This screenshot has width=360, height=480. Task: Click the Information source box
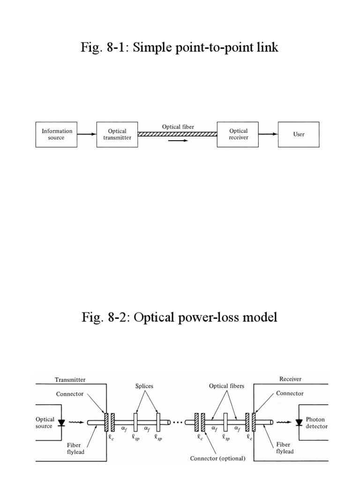coord(57,135)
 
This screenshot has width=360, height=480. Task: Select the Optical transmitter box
coord(117,135)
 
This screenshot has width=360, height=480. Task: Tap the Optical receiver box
coord(238,134)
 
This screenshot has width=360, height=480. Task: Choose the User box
coord(299,135)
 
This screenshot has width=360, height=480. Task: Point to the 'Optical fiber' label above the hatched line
coord(178,127)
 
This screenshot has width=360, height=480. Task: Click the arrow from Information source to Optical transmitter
coord(87,135)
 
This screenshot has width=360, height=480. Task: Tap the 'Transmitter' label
coord(70,379)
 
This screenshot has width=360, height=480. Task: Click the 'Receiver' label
coord(291,379)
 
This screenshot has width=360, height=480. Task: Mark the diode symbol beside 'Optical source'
coord(60,422)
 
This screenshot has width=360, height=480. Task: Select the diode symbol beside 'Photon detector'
coord(299,422)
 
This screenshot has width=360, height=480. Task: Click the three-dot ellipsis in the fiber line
coord(178,422)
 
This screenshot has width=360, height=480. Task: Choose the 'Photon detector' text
coord(317,423)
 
